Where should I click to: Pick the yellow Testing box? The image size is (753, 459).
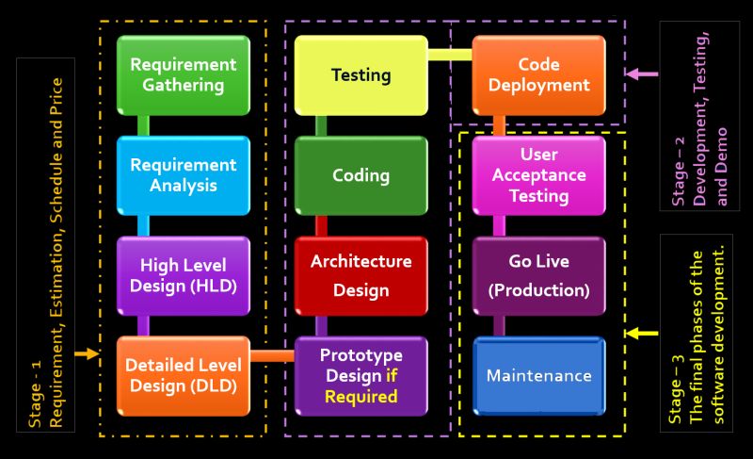point(361,74)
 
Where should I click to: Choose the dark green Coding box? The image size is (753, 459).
point(361,175)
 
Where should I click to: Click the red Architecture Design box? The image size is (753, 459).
point(361,275)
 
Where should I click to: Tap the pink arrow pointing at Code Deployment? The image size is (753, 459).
point(643,74)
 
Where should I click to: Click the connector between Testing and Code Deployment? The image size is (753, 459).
point(450,55)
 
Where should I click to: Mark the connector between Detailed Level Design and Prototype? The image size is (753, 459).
point(273,356)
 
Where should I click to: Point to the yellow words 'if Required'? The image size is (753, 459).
point(361,387)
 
